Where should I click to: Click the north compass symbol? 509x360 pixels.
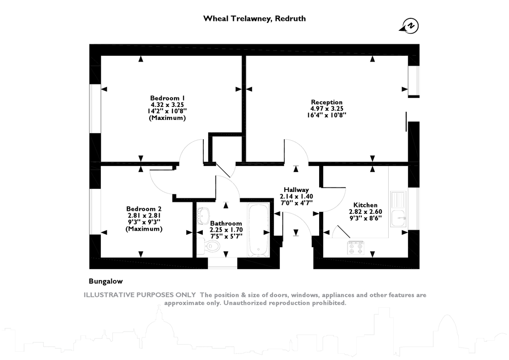pos(410,26)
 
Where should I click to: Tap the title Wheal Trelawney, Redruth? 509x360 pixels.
pos(254,18)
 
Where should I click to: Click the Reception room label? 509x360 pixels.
pos(327,102)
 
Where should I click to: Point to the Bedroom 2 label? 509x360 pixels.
pos(144,208)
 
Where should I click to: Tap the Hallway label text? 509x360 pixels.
pos(296,189)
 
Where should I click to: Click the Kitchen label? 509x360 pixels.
pos(365,205)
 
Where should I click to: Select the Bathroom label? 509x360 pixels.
pos(226,223)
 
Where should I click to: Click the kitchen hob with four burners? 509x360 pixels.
pos(355,247)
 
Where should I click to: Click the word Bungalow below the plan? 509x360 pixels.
pos(105,281)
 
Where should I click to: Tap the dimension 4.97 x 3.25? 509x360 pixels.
pos(327,108)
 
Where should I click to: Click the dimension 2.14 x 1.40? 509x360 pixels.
pos(296,196)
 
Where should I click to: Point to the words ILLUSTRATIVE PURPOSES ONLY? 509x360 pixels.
pos(140,295)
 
